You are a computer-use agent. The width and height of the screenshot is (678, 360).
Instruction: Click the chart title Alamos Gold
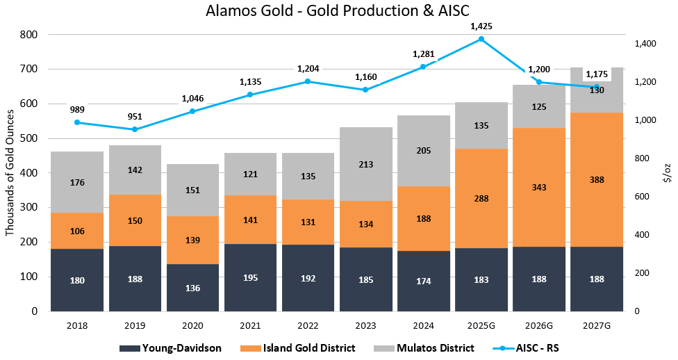[338, 12]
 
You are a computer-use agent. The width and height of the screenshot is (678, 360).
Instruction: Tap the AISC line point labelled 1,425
[481, 39]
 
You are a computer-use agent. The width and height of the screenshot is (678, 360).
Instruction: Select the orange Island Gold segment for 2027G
[597, 179]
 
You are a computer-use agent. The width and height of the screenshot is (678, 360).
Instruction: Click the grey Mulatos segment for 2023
[367, 164]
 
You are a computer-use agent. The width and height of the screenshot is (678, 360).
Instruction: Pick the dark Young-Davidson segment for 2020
[192, 287]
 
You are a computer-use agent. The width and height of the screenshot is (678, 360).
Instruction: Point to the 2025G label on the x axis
[481, 325]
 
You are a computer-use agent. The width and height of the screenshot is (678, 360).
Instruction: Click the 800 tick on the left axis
[28, 35]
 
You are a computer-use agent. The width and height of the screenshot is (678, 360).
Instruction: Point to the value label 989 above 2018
[77, 110]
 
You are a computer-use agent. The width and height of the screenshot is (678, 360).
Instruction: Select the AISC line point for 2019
[135, 129]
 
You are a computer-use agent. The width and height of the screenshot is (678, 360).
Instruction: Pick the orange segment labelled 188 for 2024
[424, 218]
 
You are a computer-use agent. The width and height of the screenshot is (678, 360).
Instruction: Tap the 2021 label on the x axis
[250, 325]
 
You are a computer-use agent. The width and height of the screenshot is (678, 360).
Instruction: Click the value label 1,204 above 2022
[308, 69]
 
